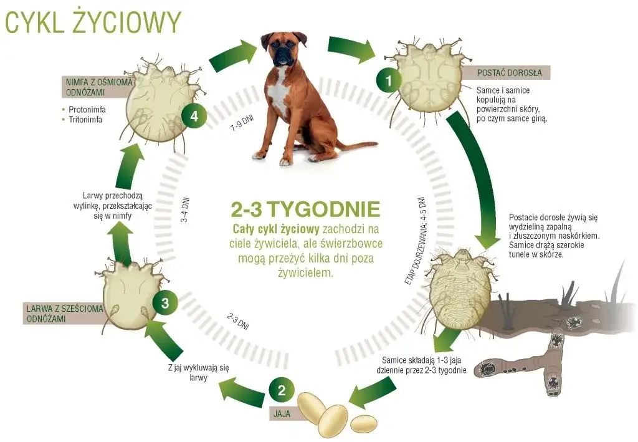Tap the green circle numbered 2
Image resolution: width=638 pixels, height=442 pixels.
pos(282,391)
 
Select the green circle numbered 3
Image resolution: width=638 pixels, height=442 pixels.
pos(165,303)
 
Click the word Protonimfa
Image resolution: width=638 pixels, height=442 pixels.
pos(87,109)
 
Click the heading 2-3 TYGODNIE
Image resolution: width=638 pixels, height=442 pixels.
pos(305,208)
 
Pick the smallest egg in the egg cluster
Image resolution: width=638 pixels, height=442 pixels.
pos(363,424)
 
